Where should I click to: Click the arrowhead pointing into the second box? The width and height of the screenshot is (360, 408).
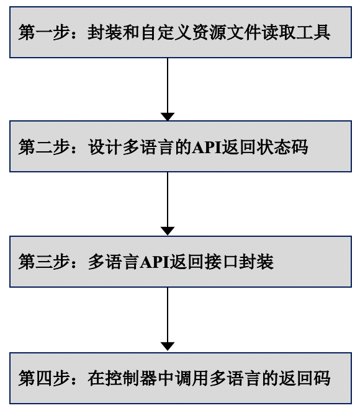point(168,116)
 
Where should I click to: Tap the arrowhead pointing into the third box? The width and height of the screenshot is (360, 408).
point(168,231)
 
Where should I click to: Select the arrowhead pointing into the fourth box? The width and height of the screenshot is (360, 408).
point(168,346)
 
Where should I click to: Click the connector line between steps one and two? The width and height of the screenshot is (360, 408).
point(168,84)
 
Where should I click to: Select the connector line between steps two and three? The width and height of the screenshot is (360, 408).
point(168,198)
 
